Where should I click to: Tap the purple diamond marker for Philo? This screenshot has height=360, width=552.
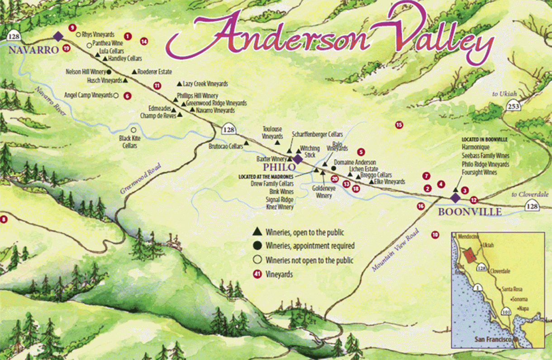[298, 159]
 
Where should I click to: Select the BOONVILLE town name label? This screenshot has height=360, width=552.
[470, 212]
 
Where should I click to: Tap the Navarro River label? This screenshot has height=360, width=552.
[50, 100]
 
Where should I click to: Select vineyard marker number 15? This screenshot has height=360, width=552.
[399, 125]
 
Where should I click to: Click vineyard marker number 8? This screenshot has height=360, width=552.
[4, 220]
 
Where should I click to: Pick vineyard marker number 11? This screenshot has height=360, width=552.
[157, 85]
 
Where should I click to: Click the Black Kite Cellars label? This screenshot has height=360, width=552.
[128, 142]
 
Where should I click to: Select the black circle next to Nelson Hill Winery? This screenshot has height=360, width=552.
[109, 72]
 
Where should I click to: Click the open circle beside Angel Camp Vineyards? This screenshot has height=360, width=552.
[116, 96]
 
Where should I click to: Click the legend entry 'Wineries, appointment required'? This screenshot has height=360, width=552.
[310, 246]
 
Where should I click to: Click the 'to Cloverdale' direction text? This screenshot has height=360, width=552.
[530, 194]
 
